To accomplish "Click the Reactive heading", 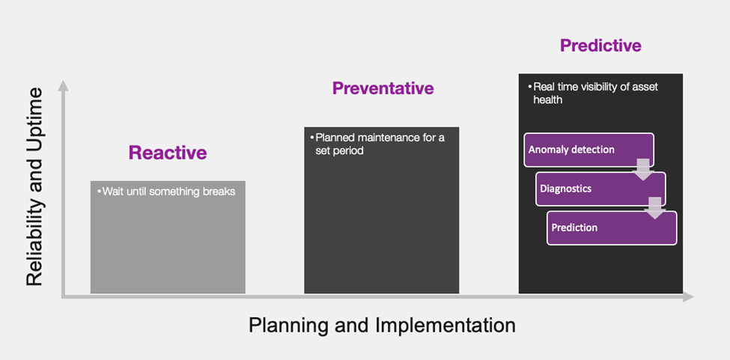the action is click(x=168, y=153).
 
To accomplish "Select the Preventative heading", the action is click(x=383, y=88).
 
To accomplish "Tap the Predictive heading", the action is click(x=600, y=45).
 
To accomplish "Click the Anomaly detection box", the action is click(x=589, y=150).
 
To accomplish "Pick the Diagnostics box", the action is click(x=600, y=189).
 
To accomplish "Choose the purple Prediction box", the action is click(x=612, y=228).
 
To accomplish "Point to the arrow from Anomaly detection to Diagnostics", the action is click(x=643, y=169).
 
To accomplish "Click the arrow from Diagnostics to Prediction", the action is click(x=654, y=208).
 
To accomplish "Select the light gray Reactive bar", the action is click(x=168, y=237).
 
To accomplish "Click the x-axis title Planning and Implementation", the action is click(x=382, y=325).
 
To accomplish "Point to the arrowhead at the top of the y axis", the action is click(x=64, y=85).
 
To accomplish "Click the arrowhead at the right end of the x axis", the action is click(x=689, y=296).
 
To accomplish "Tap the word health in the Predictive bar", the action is click(x=548, y=100).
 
